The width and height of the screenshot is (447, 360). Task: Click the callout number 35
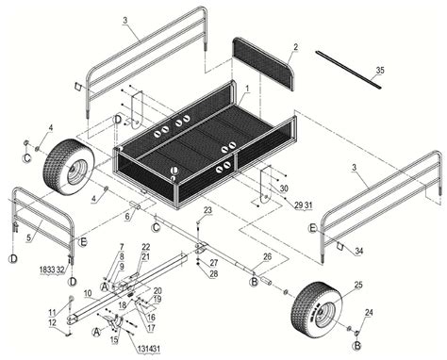point(380,71)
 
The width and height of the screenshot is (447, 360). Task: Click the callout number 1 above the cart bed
point(246,87)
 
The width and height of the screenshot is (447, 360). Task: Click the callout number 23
point(208,210)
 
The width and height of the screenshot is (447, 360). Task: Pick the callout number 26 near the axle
point(268,256)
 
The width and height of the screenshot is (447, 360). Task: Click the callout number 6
point(127,216)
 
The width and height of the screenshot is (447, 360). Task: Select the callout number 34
point(357,251)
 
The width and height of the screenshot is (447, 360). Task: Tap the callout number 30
point(284,188)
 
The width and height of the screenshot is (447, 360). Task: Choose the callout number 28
point(214,273)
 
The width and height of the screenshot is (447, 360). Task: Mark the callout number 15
point(113,337)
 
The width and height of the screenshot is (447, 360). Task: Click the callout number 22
point(145,247)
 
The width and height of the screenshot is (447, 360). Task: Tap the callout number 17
point(151,327)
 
